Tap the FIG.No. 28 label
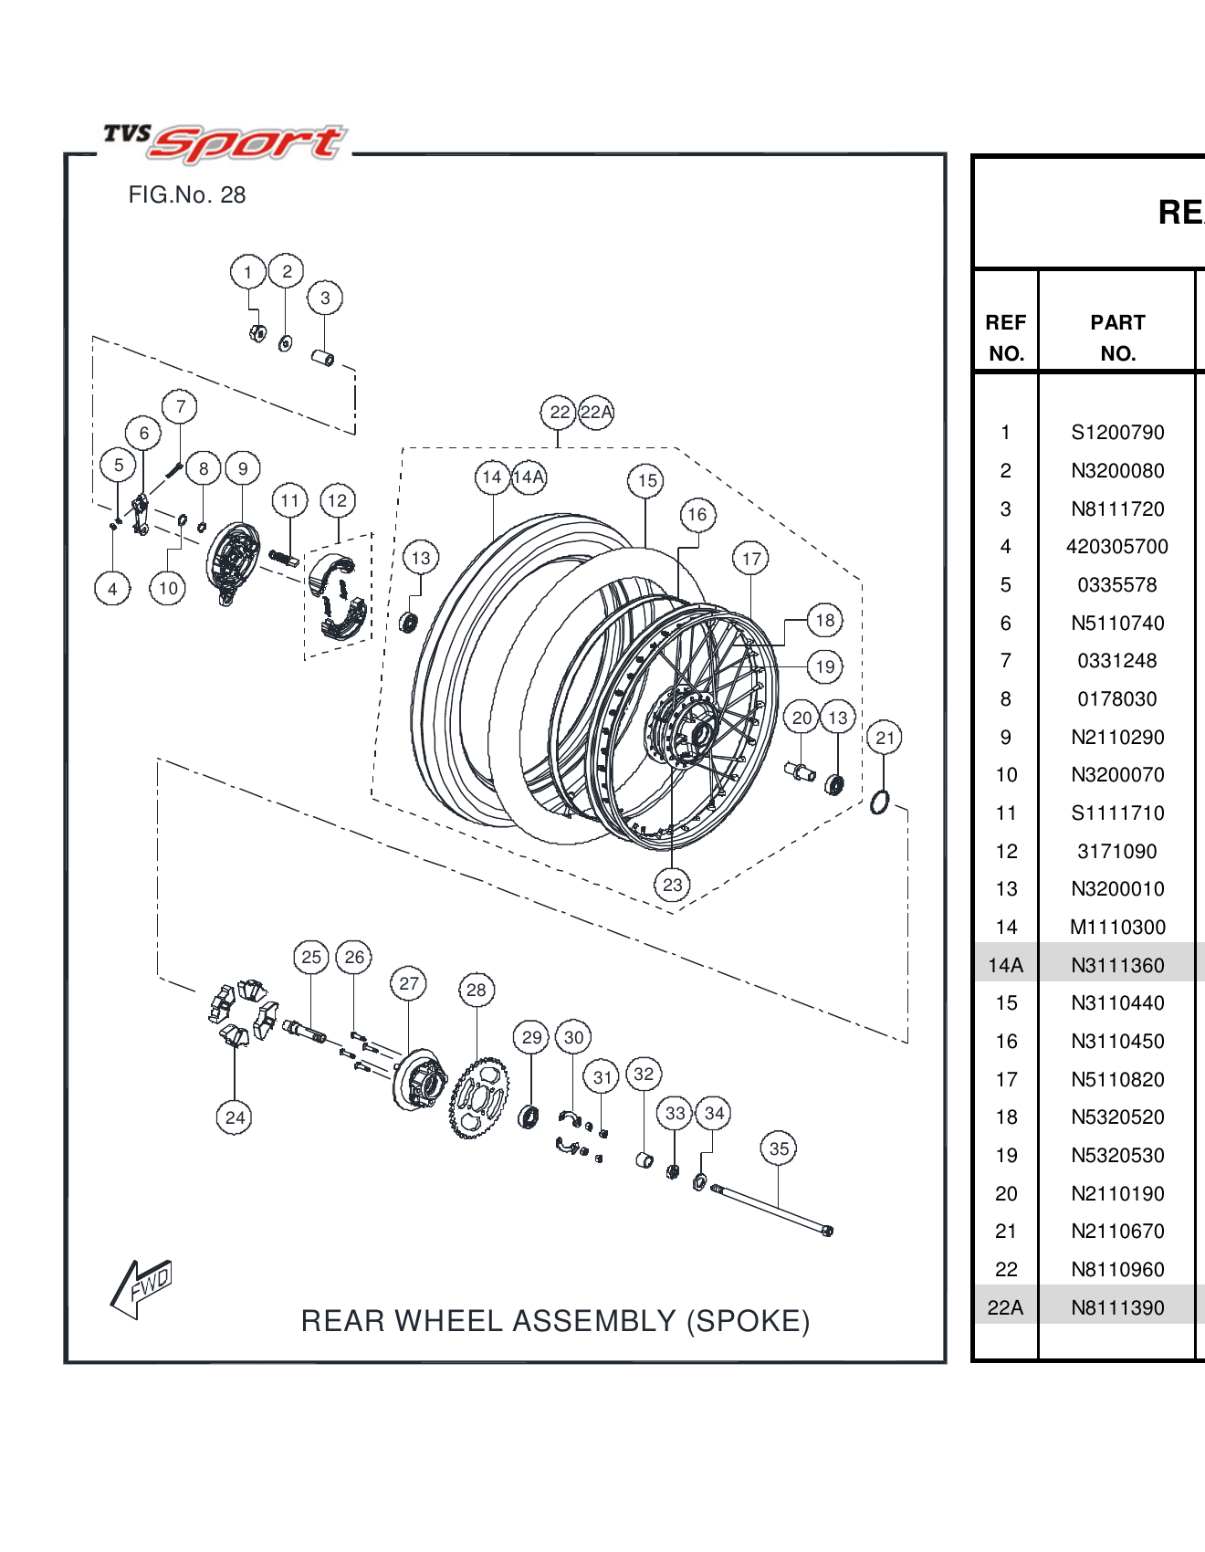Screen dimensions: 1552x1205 187,194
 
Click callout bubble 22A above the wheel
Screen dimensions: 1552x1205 596,412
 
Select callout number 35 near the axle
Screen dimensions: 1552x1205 778,1148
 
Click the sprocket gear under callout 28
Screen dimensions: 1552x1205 478,1098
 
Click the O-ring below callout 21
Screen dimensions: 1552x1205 880,802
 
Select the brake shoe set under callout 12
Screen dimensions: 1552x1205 336,598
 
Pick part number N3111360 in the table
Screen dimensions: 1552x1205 1117,965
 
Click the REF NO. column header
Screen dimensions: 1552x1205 1005,338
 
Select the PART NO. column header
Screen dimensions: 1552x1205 1117,338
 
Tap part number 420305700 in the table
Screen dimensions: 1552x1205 1117,547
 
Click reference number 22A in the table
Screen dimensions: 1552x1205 1005,1307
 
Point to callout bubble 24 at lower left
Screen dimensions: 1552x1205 235,1117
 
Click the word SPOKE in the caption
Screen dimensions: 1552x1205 748,1321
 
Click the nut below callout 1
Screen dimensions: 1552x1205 257,333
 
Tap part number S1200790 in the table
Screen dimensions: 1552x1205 1117,433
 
